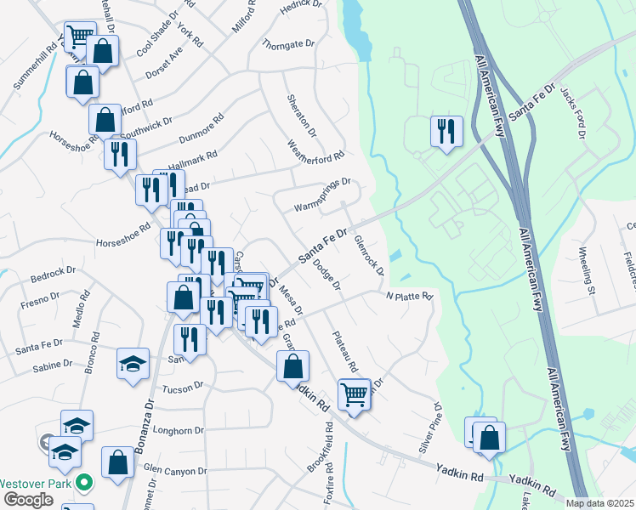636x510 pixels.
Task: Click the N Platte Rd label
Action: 410,297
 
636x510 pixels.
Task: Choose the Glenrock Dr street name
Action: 368,256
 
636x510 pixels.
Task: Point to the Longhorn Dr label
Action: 177,430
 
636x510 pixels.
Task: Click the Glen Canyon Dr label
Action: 175,470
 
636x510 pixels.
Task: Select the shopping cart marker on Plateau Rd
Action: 354,393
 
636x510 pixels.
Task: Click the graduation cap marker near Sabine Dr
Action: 133,365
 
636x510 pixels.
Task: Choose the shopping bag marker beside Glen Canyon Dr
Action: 117,462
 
